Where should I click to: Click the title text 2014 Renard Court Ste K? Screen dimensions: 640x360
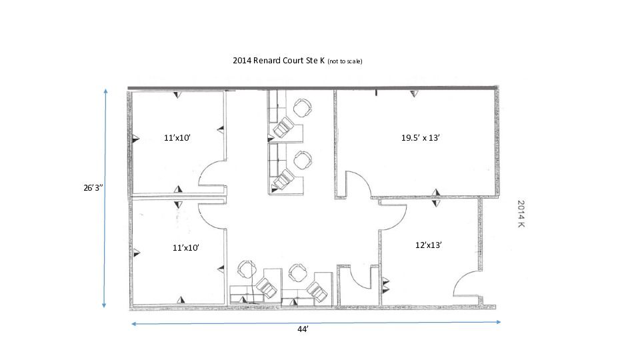[x=279, y=61]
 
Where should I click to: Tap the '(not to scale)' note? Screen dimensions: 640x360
[x=345, y=61]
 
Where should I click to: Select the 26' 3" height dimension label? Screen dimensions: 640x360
[x=93, y=188]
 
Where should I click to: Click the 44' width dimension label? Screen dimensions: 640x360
[x=303, y=329]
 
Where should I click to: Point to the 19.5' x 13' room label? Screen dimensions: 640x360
[x=421, y=137]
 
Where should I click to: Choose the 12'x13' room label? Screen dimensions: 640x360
[x=429, y=245]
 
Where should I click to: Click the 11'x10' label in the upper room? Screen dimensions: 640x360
[x=177, y=137]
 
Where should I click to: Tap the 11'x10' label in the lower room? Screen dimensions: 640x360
[x=186, y=247]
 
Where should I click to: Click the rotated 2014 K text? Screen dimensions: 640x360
[x=521, y=213]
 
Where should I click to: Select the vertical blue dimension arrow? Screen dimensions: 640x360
[x=105, y=198]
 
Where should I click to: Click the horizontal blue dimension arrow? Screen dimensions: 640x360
[x=316, y=323]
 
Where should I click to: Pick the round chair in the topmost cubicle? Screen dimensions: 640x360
[x=303, y=107]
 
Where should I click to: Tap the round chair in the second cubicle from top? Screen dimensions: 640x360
[x=303, y=160]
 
